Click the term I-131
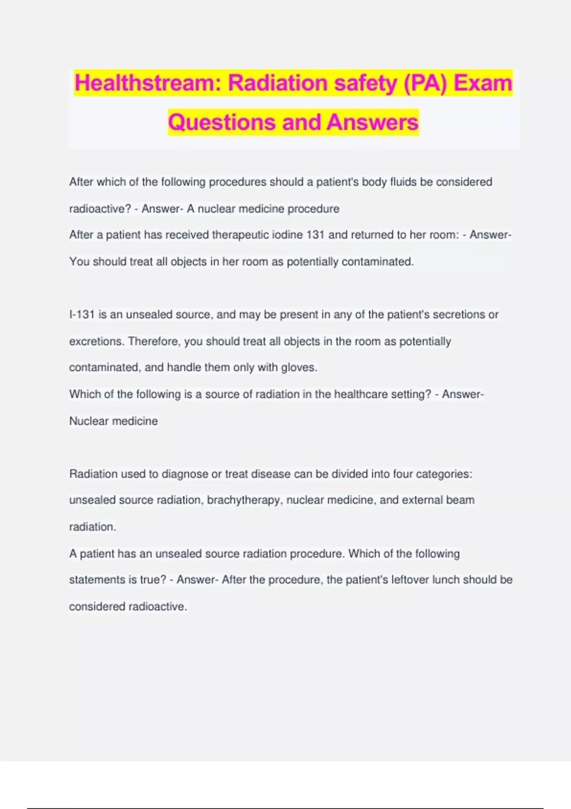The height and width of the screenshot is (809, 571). click(x=82, y=315)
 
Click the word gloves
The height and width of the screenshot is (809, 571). click(x=301, y=367)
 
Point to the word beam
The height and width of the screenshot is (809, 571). click(x=461, y=500)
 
